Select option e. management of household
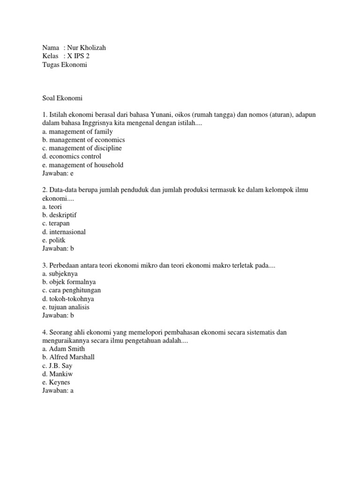pos(82,165)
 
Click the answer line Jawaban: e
pos(59,173)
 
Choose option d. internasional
pos(64,232)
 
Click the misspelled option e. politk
pos(53,240)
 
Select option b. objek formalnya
pos(68,282)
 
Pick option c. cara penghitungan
pos(71,290)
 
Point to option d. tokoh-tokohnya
pos(67,299)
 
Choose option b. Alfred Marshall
pos(68,357)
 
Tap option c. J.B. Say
pos(57,366)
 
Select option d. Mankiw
pos(57,374)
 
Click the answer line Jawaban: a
pos(59,390)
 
